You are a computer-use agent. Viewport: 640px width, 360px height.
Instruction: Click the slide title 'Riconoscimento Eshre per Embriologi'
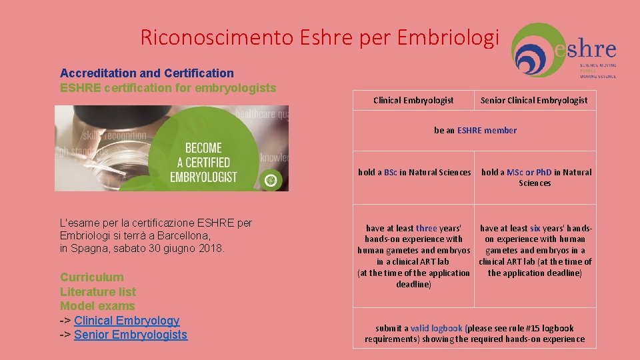pyautogui.click(x=319, y=38)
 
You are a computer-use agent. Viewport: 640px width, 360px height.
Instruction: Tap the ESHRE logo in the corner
pyautogui.click(x=564, y=51)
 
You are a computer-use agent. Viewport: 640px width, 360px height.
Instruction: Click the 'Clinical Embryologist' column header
pyautogui.click(x=413, y=101)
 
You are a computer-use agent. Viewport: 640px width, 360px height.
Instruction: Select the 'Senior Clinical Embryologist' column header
pyautogui.click(x=534, y=101)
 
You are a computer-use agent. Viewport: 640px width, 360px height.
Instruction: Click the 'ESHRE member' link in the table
pyautogui.click(x=487, y=131)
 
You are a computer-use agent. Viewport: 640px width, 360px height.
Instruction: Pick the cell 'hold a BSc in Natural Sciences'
pyautogui.click(x=414, y=173)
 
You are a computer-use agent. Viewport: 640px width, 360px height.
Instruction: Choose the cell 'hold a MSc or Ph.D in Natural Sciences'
pyautogui.click(x=536, y=177)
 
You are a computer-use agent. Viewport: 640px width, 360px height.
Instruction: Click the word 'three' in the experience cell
pyautogui.click(x=427, y=228)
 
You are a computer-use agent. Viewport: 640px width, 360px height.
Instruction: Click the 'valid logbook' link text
pyautogui.click(x=437, y=328)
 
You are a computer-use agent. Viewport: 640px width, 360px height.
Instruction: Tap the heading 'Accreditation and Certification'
pyautogui.click(x=147, y=73)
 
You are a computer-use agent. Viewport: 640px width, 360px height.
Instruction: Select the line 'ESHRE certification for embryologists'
pyautogui.click(x=168, y=87)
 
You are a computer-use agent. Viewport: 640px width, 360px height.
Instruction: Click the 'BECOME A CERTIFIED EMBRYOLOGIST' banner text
pyautogui.click(x=203, y=162)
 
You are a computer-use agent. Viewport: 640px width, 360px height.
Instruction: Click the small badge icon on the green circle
pyautogui.click(x=270, y=179)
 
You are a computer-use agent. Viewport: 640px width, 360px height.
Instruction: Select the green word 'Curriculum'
pyautogui.click(x=92, y=277)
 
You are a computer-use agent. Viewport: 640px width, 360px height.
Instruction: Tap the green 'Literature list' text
pyautogui.click(x=98, y=292)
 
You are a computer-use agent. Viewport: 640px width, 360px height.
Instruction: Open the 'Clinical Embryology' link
pyautogui.click(x=127, y=321)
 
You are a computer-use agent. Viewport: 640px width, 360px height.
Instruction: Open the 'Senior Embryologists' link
pyautogui.click(x=131, y=335)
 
